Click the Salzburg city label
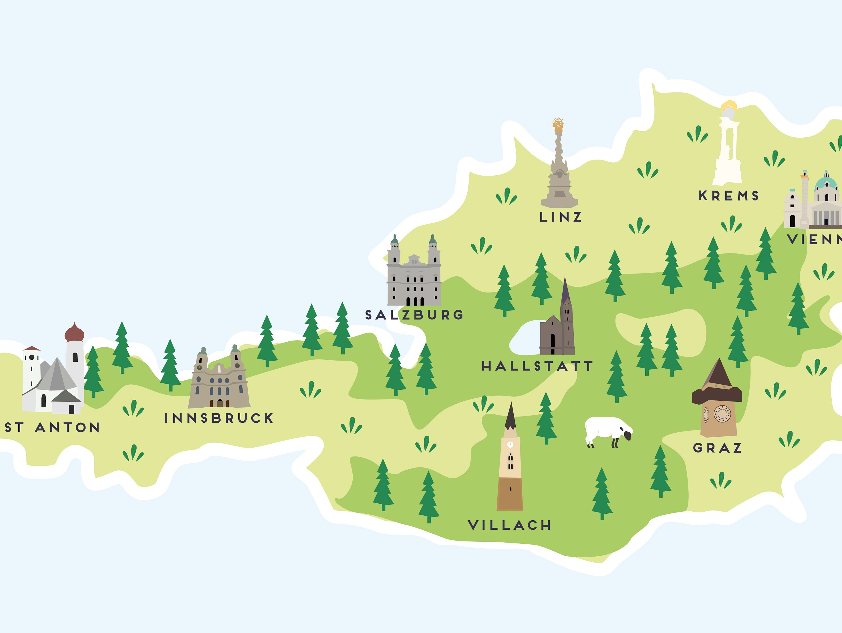(414, 315)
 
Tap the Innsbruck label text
(219, 418)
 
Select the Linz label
(560, 217)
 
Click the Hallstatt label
(537, 366)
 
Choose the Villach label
(509, 525)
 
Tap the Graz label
(717, 448)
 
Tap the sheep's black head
(627, 435)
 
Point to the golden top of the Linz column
(558, 124)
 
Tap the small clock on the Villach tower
(510, 444)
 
